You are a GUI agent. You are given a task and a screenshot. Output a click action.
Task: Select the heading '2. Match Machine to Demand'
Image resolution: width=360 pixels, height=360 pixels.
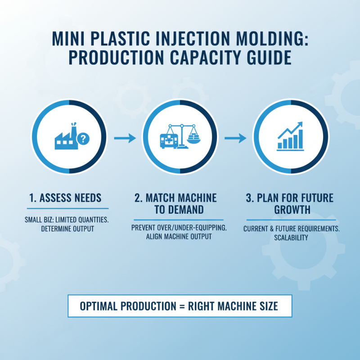179,204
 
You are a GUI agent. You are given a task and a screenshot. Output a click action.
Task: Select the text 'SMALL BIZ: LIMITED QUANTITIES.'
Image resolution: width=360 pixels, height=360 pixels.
67,220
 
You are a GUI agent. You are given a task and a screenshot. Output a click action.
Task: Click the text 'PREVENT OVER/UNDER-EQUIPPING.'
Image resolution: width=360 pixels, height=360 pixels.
179,228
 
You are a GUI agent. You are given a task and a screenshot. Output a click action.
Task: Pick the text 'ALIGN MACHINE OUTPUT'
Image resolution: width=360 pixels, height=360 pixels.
179,237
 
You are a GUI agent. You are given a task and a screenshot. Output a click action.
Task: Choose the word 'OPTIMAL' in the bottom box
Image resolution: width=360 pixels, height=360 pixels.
99,306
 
